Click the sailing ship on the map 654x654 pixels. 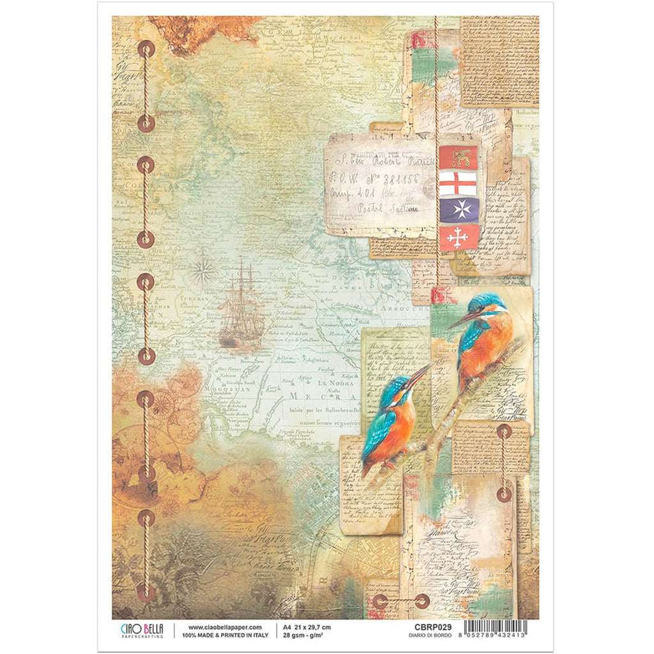[242, 305]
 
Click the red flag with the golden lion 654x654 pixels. [458, 157]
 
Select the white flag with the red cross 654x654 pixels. [458, 184]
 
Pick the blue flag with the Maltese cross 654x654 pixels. [458, 210]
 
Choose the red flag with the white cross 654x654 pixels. [458, 237]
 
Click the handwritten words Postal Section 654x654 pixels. [390, 208]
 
